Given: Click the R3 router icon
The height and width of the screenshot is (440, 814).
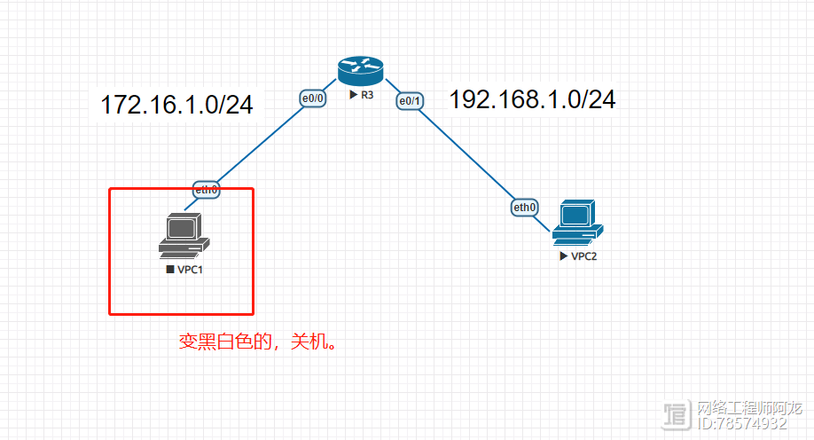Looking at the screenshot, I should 360,69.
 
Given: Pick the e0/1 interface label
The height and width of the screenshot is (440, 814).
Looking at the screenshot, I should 411,101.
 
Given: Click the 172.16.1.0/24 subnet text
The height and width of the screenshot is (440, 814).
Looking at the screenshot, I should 177,105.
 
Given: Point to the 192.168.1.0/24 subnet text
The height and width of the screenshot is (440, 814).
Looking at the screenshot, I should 532,99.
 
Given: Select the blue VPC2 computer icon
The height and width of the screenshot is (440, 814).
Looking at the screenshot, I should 576,222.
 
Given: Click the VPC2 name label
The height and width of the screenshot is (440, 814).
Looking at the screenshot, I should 583,256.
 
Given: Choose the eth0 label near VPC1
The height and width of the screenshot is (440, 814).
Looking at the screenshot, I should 207,189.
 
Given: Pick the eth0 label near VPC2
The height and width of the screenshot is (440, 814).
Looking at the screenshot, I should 525,208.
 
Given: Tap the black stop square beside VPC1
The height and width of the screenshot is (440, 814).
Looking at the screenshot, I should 169,269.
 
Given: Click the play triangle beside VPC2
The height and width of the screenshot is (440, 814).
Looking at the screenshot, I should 563,256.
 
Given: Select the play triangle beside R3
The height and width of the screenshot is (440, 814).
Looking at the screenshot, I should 353,94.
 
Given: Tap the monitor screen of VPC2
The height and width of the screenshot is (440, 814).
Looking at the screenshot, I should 574,214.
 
